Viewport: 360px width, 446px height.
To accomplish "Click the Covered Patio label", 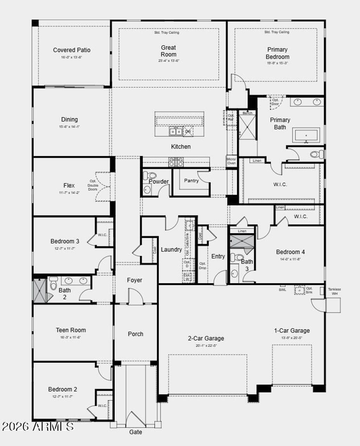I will point(72,50).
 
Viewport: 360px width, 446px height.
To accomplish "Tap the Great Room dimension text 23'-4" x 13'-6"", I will point(168,61).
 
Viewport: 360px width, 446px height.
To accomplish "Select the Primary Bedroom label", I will point(277,53).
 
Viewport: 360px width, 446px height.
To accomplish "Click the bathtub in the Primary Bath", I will point(306,135).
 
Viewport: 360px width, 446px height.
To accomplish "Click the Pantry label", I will point(191,180).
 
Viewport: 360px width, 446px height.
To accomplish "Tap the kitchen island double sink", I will point(176,132).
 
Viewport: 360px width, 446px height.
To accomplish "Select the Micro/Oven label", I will point(231,161).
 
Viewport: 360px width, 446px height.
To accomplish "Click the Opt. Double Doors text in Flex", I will point(93,185).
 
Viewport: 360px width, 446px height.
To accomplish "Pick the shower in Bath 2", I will point(39,291).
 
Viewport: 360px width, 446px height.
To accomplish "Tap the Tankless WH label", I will point(334,291).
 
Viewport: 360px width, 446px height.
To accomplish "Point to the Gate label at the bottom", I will point(136,432).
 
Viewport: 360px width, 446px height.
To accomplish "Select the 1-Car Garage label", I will point(292,331).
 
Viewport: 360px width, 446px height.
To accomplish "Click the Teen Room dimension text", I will point(71,337).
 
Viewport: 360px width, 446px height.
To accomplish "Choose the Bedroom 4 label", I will point(290,252).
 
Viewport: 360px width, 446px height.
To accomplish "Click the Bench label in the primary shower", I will point(247,113).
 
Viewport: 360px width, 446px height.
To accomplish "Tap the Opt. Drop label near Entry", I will point(202,266).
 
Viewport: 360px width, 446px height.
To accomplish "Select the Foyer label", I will point(135,280).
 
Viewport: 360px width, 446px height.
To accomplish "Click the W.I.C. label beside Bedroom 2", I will point(102,406).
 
